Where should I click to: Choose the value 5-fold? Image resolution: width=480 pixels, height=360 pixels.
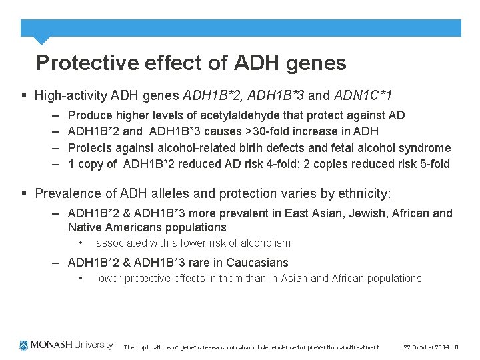pos(428,164)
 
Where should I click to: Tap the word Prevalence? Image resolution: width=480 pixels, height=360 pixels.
pos(66,194)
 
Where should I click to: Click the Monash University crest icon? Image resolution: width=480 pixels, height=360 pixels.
pos(25,345)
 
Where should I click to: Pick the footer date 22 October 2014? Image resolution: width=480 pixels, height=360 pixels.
pos(427,347)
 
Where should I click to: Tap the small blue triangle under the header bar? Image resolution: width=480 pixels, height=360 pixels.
pos(41,40)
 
